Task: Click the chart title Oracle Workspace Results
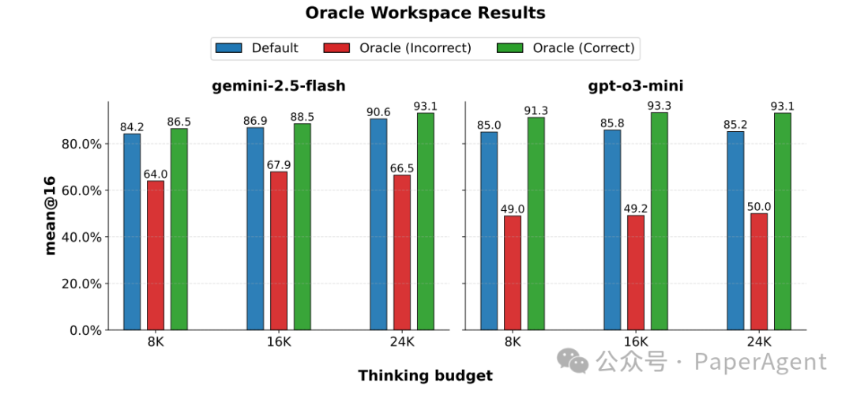pos(425,13)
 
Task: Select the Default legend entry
pos(257,48)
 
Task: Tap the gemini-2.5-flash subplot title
pos(278,86)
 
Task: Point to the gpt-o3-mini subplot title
pos(635,86)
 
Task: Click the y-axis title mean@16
pos(50,216)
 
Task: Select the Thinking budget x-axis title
pos(425,375)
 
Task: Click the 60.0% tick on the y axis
pos(81,190)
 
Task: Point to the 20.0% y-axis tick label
pos(81,284)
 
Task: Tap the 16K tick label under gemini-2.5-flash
pos(279,342)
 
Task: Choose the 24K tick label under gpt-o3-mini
pos(759,342)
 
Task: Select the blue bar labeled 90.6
pos(378,224)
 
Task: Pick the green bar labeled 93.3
pos(659,221)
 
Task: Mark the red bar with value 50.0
pos(759,272)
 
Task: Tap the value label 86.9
pos(255,121)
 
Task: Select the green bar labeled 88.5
pos(302,227)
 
